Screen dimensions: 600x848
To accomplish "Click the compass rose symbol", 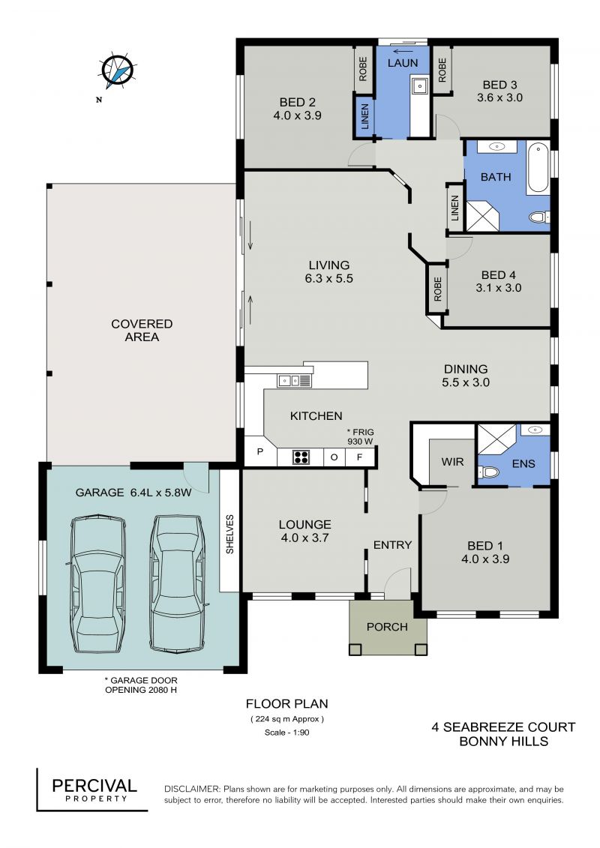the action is coord(117,70).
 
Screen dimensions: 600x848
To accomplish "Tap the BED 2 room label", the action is coord(297,102).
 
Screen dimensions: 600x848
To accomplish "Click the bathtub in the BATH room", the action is coord(538,168).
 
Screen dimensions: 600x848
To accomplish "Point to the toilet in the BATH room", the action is coord(538,217).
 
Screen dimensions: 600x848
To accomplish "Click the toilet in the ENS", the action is coord(488,472).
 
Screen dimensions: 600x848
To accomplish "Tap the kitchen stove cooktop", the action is coord(301,457).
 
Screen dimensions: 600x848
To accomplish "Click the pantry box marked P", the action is coord(260,451).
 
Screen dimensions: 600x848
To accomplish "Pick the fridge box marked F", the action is coord(359,457).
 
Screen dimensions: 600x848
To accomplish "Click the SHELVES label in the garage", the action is coord(229,534).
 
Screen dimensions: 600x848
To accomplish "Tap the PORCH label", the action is coord(387,627).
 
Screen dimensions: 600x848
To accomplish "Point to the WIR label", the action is coord(452,462).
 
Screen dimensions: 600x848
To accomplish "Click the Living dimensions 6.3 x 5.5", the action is coord(329,278).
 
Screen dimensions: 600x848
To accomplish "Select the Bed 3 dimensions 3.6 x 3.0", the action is coord(499,98).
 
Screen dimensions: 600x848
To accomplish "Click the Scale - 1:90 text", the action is coord(286,733).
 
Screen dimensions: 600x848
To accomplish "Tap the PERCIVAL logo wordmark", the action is coord(94,786).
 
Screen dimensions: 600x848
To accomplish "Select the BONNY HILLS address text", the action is coord(504,742).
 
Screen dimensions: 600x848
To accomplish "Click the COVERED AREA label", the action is coord(142,331).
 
